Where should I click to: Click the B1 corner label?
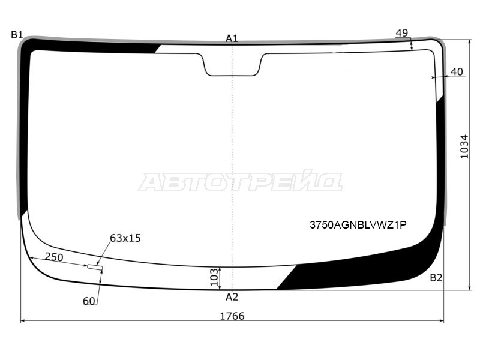coord(16,35)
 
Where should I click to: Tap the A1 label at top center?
coord(232,38)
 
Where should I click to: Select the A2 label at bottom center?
coord(232,297)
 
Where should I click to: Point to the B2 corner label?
coord(436,277)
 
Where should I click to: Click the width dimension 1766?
coord(232,316)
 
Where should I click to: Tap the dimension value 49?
coord(402,33)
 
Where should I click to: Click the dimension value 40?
coord(457,72)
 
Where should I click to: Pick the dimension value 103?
coord(213,278)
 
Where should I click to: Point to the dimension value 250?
coord(55,257)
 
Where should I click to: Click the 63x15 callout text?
coord(125,238)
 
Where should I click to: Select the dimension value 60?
coord(89,301)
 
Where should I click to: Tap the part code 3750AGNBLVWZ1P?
coord(358,225)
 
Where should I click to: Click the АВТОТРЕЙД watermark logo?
coord(240,182)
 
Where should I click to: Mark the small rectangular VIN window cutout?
coord(95,266)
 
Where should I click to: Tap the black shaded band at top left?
coord(90,46)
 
